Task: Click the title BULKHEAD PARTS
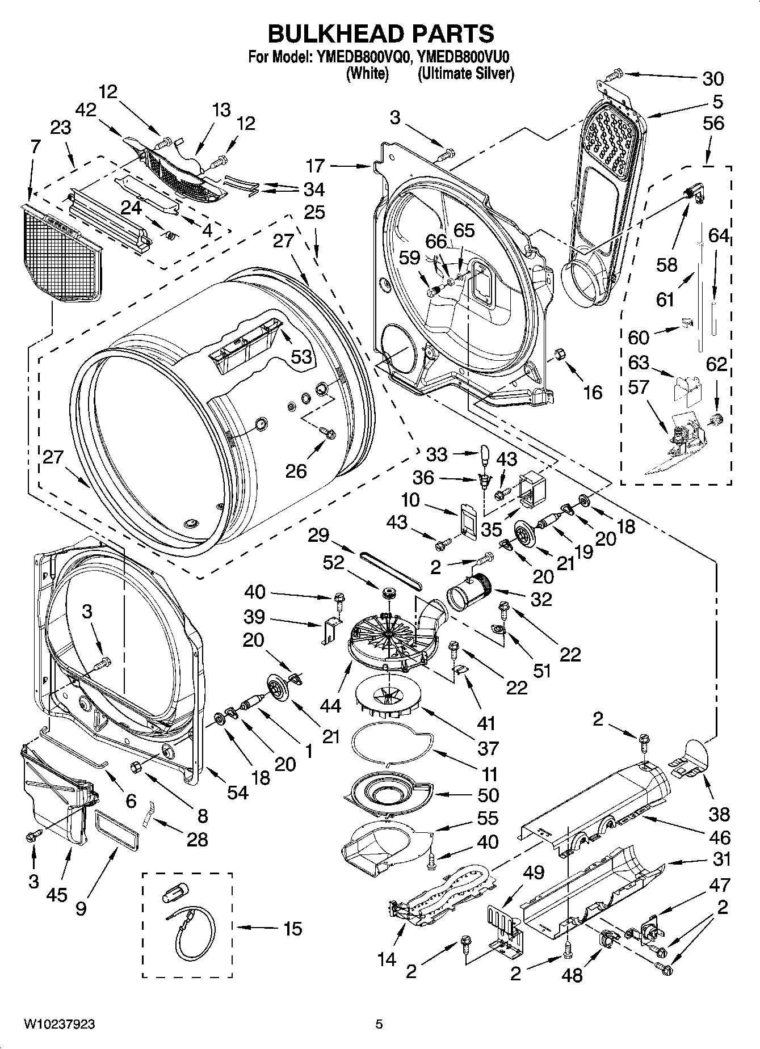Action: [380, 34]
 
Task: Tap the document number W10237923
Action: [59, 1024]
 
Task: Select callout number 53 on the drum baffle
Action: [302, 356]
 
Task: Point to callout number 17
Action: [316, 166]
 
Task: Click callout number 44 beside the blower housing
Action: [330, 705]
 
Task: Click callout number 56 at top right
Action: [714, 123]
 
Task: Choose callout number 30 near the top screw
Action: [713, 78]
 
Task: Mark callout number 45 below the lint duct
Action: [58, 895]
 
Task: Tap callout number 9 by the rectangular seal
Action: [81, 908]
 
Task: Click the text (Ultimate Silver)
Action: [465, 73]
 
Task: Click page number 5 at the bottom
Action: [379, 1024]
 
